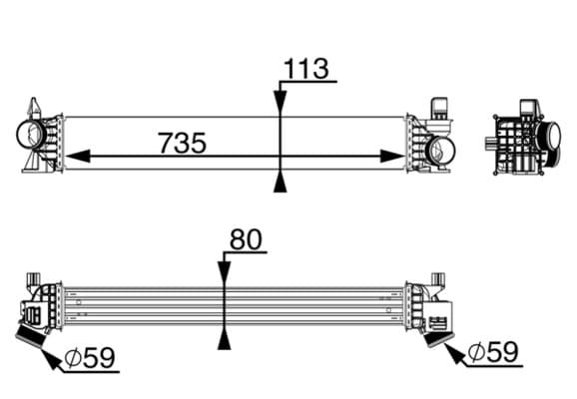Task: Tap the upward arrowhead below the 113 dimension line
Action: pos(281,181)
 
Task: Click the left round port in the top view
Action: pos(31,135)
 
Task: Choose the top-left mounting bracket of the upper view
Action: pos(35,108)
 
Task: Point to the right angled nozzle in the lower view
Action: pos(436,330)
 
